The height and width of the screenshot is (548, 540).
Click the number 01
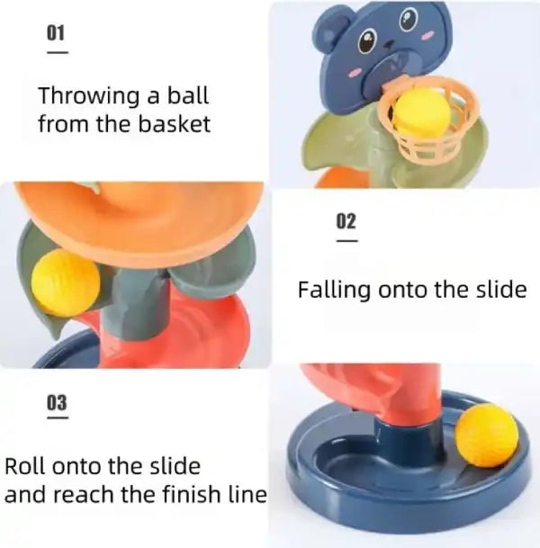(57, 33)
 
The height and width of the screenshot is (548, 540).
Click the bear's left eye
(368, 40)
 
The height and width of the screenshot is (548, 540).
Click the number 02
(346, 221)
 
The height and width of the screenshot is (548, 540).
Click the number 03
(57, 400)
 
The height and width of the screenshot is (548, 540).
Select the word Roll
(24, 467)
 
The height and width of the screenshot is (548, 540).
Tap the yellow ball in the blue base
(486, 435)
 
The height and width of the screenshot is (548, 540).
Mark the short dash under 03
(57, 417)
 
